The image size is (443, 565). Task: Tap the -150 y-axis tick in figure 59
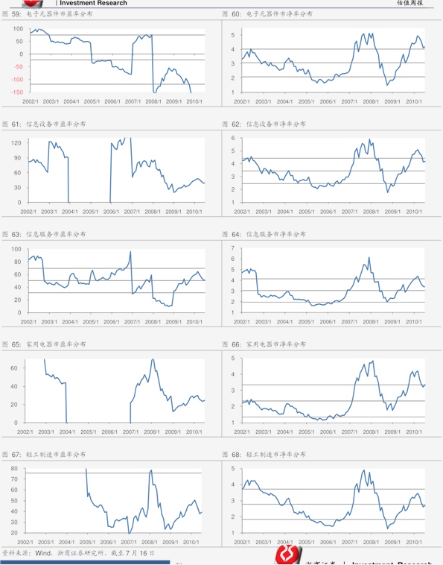coord(16,92)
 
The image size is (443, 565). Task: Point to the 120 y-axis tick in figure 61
coord(16,142)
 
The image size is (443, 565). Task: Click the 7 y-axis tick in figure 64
coord(232,248)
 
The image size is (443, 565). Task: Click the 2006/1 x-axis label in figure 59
coord(112,101)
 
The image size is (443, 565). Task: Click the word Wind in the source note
coord(42,554)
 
